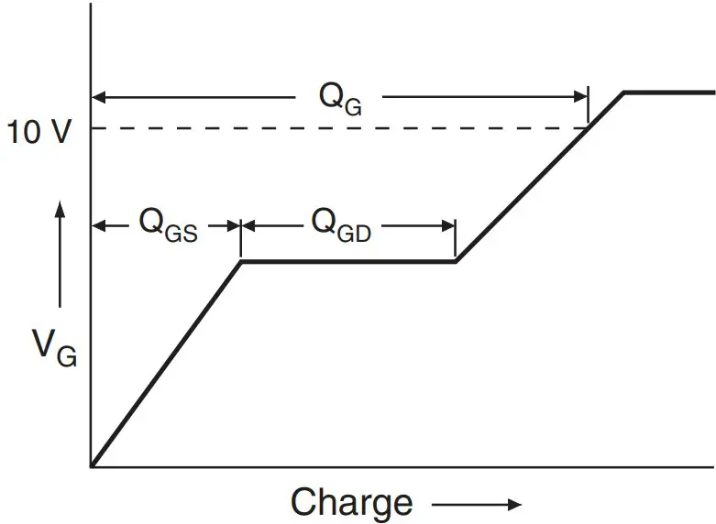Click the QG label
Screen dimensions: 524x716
point(340,98)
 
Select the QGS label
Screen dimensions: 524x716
point(168,225)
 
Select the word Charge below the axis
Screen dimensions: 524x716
point(351,503)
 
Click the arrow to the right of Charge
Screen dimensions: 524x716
point(477,504)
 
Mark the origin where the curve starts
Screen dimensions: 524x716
point(92,466)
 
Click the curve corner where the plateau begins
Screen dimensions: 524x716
point(241,262)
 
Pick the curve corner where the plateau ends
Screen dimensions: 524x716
point(456,262)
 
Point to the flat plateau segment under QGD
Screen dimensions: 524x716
point(348,262)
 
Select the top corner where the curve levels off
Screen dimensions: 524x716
point(624,93)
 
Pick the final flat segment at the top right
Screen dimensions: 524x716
point(669,93)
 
